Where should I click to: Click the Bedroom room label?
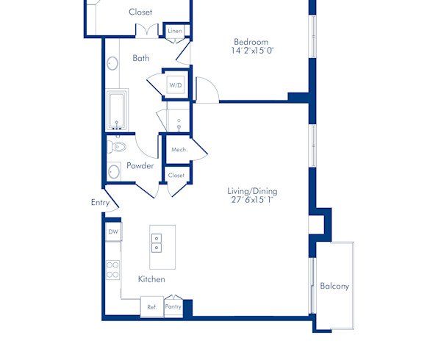point(251,42)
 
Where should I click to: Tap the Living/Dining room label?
point(252,191)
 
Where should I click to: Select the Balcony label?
point(334,286)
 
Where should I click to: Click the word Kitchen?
point(151,279)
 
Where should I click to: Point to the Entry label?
point(100,202)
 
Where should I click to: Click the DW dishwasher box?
point(113,232)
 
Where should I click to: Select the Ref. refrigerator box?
point(152,306)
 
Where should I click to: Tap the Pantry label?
point(173,306)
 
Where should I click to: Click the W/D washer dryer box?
point(176,86)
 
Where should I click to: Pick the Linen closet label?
point(175,32)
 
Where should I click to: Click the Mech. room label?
point(179,150)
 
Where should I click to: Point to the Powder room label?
point(140,165)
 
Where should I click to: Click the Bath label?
point(141,57)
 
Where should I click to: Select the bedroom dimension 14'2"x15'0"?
point(253,51)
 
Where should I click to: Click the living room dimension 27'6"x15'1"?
point(252,201)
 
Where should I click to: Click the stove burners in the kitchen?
point(113,269)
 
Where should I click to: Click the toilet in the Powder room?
point(116,147)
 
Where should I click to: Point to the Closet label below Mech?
point(176,176)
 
